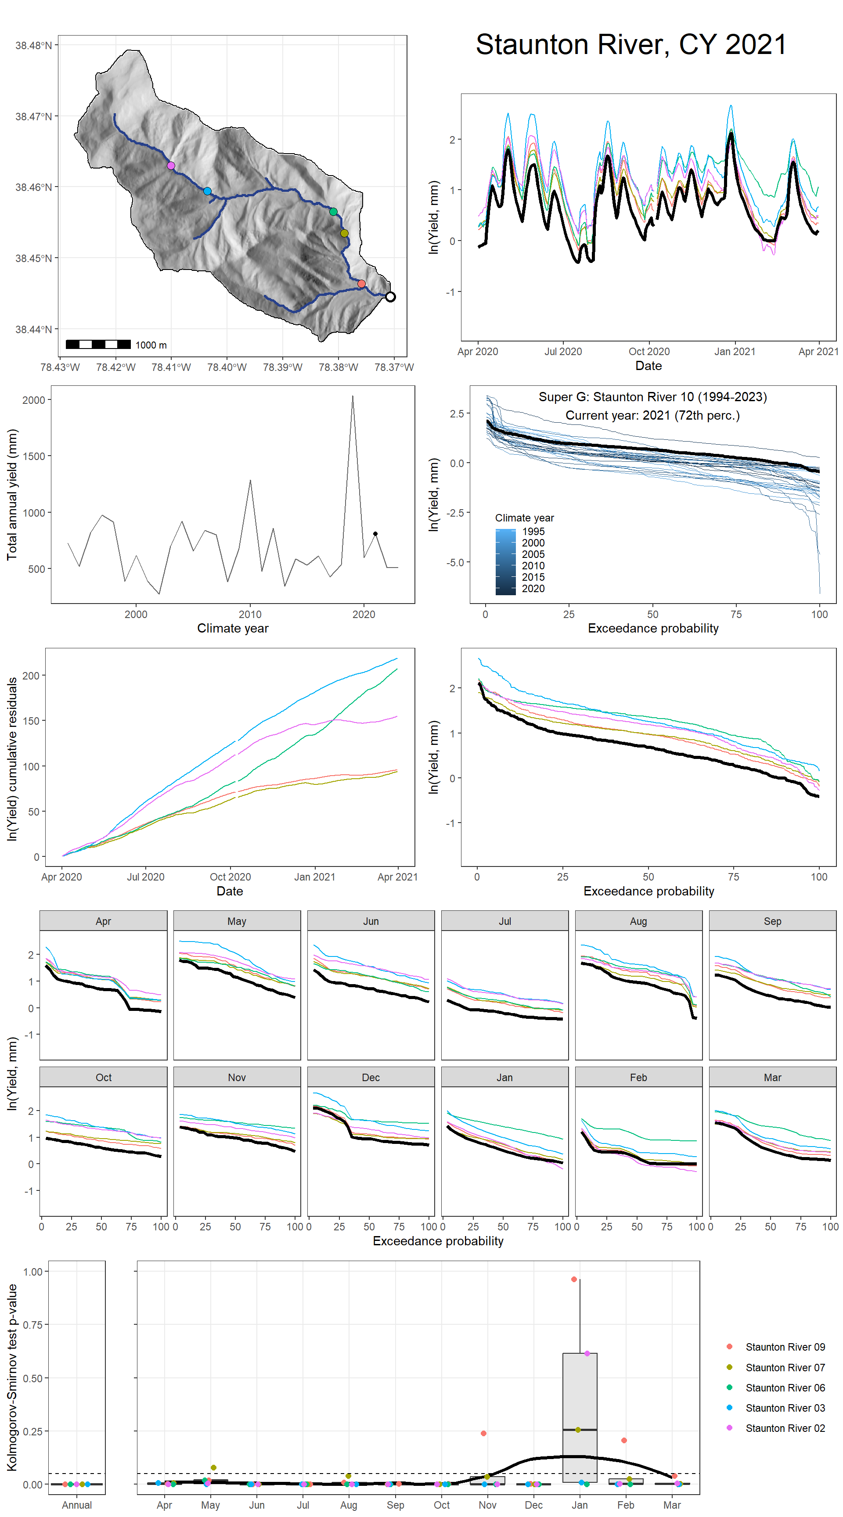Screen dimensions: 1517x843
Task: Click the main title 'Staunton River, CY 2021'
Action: [x=630, y=45]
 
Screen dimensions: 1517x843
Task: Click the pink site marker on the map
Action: [x=171, y=166]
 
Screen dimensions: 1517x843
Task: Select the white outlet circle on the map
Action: [x=390, y=297]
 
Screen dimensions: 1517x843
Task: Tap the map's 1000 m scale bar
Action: [x=98, y=345]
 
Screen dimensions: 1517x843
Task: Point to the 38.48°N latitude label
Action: [x=33, y=45]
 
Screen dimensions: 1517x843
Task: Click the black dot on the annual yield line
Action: [x=375, y=534]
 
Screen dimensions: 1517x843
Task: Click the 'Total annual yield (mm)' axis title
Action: [x=12, y=495]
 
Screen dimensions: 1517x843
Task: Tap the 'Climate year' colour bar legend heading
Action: [x=524, y=518]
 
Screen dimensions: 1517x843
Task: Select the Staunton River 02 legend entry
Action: [x=784, y=1428]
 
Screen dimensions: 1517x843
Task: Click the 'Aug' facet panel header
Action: [x=638, y=921]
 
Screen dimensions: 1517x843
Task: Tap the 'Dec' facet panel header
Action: [x=371, y=1077]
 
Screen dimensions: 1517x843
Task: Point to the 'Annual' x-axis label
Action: [x=76, y=1505]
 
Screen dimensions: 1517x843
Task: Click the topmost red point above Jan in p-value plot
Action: [x=574, y=1279]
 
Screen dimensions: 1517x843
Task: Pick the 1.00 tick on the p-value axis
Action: [x=32, y=1272]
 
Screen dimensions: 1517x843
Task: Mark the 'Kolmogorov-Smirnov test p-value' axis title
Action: [x=12, y=1378]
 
